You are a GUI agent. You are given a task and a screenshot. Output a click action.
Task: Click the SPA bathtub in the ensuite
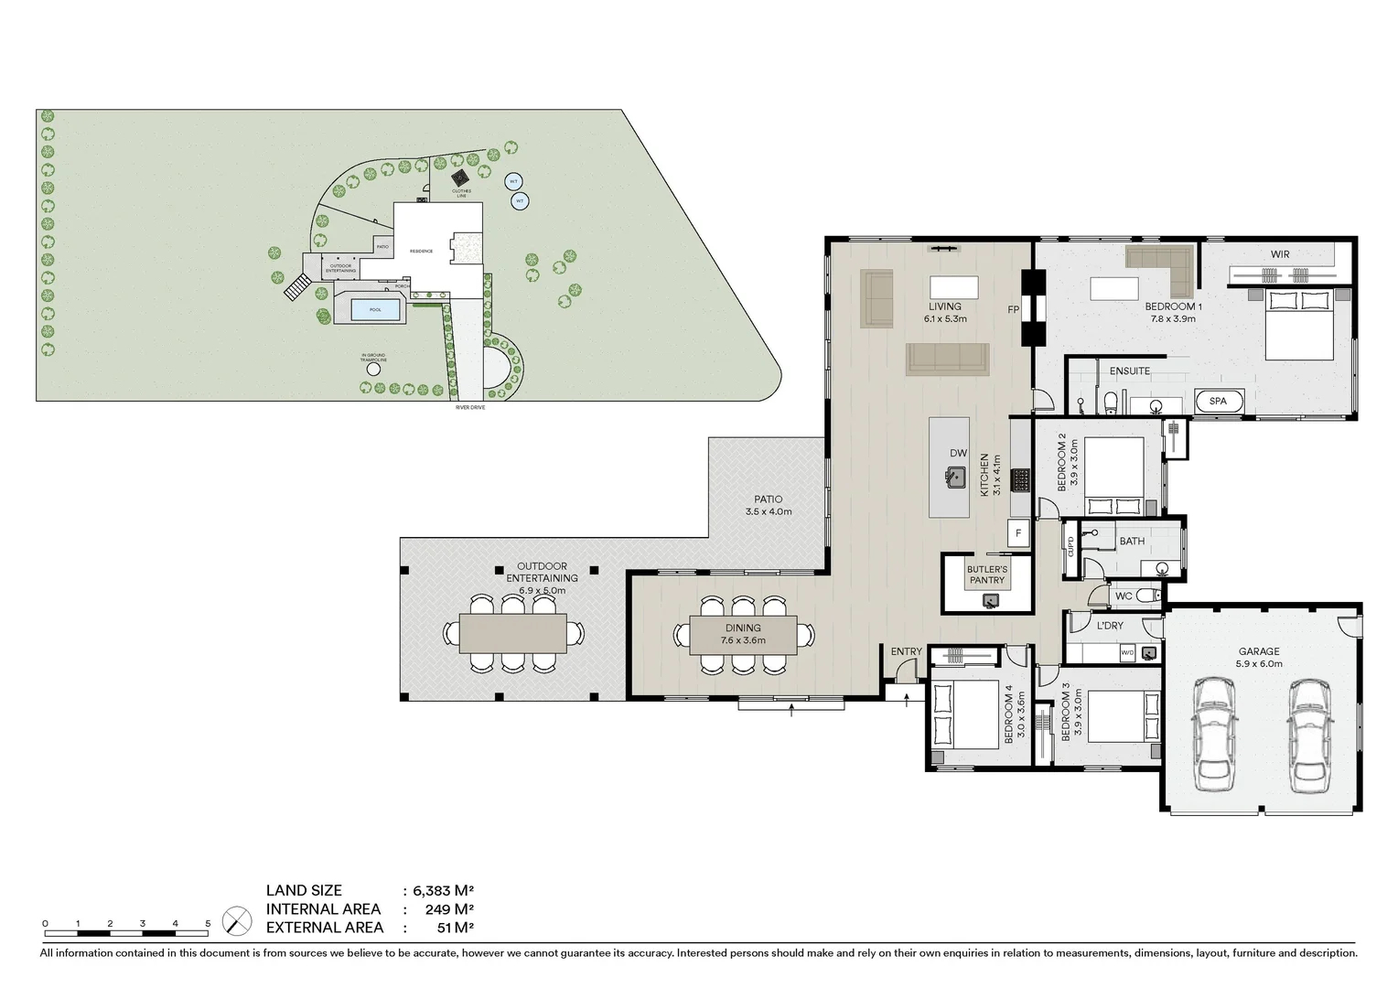point(1219,402)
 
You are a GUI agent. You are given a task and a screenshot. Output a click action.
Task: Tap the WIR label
point(1280,254)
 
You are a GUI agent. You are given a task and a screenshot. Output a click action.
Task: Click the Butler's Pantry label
point(986,575)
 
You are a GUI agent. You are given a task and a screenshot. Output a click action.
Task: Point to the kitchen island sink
point(956,477)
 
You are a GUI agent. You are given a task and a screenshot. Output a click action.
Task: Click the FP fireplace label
point(1014,310)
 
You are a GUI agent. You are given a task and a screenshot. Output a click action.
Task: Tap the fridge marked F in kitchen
point(1017,533)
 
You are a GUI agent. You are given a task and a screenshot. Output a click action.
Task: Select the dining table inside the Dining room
point(742,634)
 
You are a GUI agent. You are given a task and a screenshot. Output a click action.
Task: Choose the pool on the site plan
point(375,309)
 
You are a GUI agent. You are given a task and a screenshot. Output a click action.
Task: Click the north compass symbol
point(238,919)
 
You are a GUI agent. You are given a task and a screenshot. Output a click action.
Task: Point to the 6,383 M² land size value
point(443,890)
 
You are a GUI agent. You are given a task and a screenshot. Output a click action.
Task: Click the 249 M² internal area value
point(449,909)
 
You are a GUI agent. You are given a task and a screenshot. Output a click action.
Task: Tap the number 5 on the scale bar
point(208,924)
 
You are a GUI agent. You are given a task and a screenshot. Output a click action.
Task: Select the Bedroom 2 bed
point(1113,477)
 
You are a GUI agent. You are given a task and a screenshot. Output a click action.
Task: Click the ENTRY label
point(906,651)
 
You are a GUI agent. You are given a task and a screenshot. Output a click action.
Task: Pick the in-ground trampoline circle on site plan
point(373,370)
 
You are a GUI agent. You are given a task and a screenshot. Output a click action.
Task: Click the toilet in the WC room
point(1153,596)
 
